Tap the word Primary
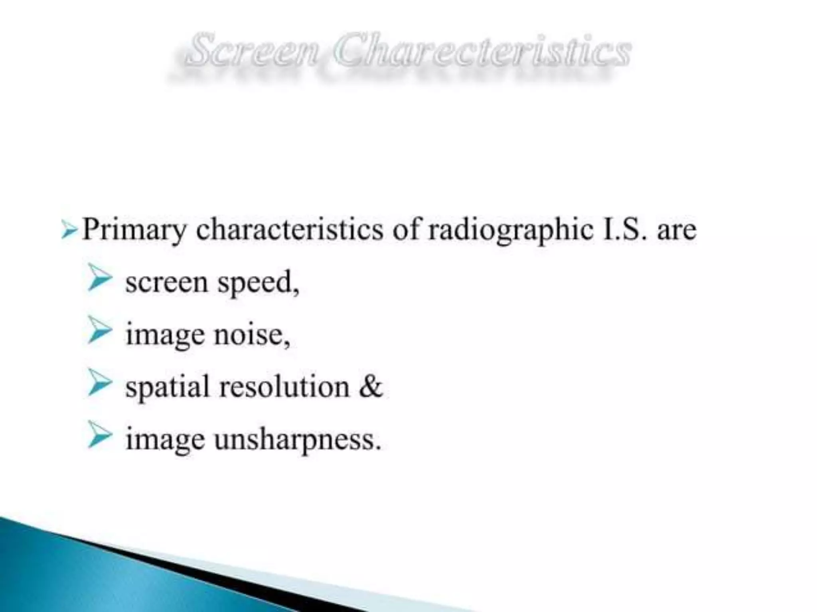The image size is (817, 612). pyautogui.click(x=134, y=231)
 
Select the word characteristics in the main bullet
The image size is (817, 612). pyautogui.click(x=290, y=230)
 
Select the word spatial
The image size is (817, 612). pyautogui.click(x=168, y=387)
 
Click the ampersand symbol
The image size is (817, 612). pyautogui.click(x=370, y=386)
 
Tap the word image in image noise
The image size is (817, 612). pyautogui.click(x=165, y=335)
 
